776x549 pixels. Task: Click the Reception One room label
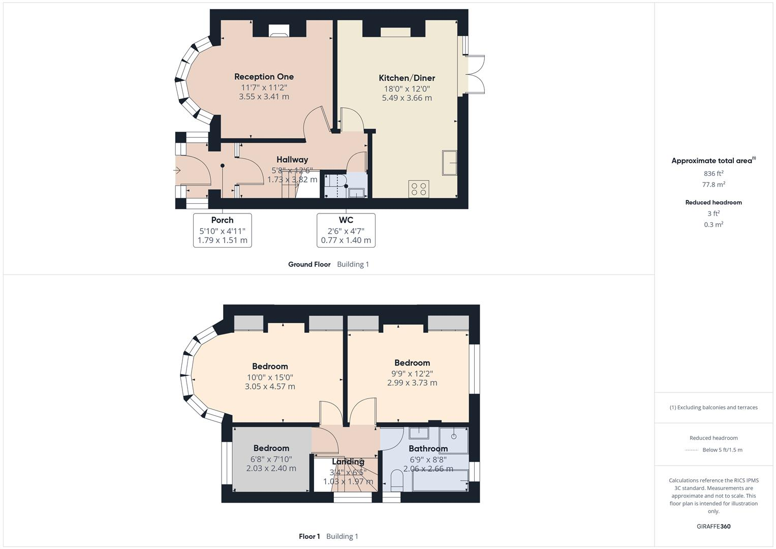click(x=264, y=77)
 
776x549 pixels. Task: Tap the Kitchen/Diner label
click(x=407, y=78)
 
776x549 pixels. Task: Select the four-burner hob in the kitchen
click(x=419, y=189)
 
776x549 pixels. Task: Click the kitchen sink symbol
click(x=449, y=163)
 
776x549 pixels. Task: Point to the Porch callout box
click(x=222, y=230)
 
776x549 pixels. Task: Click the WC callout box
click(x=346, y=230)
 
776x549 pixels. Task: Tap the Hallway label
click(x=292, y=160)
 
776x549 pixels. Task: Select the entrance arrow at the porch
click(x=177, y=170)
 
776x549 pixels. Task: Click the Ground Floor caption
click(x=309, y=264)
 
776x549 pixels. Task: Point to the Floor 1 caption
click(x=309, y=536)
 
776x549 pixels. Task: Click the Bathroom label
click(x=428, y=448)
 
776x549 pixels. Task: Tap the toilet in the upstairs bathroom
click(x=396, y=480)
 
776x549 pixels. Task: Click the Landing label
click(x=348, y=462)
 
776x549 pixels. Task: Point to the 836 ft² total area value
click(x=713, y=173)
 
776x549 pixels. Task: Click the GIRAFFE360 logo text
click(x=713, y=526)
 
